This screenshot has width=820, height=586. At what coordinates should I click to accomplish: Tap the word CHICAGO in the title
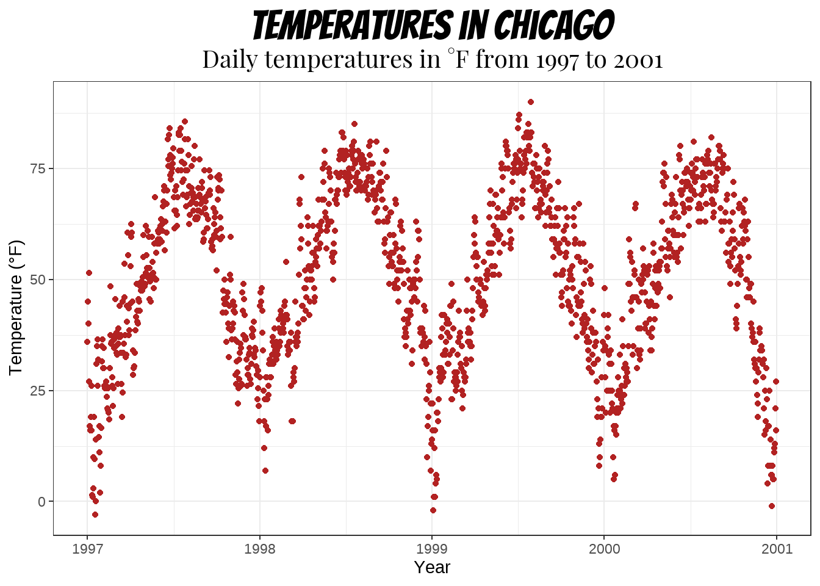point(553,26)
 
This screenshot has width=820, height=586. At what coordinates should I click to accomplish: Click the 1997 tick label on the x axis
point(87,549)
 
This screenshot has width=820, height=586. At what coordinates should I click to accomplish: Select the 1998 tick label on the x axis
point(259,549)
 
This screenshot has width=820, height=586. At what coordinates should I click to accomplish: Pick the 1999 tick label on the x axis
point(432,549)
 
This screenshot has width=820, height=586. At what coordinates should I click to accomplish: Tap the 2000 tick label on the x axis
point(604,549)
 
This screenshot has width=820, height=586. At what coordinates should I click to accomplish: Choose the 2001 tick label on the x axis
point(777,549)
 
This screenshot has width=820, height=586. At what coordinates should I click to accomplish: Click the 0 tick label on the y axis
point(41,502)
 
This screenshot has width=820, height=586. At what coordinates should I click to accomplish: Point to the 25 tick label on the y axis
point(38,391)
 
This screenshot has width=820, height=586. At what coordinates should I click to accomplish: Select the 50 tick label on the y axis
point(38,280)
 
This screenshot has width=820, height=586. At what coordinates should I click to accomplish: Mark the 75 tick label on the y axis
point(38,168)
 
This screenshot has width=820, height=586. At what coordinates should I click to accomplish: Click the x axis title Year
point(432,567)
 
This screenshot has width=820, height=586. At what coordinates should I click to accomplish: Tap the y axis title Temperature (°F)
point(16,308)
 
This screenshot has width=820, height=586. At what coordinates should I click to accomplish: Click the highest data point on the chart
point(531,102)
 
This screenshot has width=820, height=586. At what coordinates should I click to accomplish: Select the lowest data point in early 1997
point(95,515)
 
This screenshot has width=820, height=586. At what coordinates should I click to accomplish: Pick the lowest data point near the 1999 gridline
point(433,510)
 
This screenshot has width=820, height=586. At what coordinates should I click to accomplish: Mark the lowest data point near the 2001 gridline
point(772,506)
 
